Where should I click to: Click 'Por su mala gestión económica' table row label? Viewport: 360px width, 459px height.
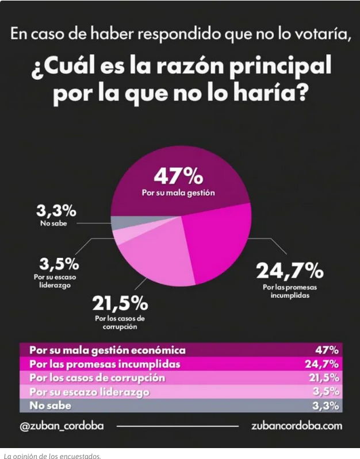point(108,349)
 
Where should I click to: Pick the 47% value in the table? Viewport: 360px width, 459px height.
point(327,349)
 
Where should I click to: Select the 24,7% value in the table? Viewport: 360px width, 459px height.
point(321,364)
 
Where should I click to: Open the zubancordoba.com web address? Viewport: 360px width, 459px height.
point(296,426)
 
